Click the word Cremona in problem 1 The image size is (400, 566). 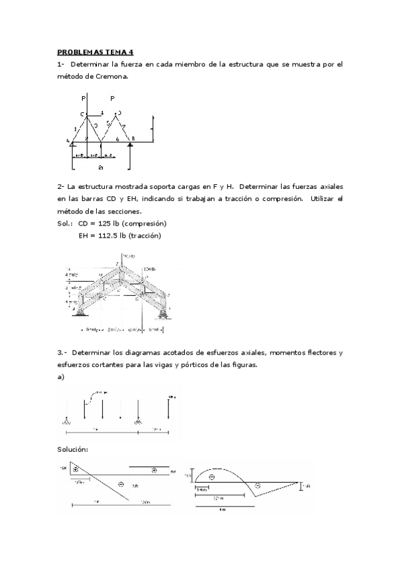coord(108,77)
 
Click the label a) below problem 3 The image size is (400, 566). coord(61,377)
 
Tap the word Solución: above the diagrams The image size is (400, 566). coord(75,449)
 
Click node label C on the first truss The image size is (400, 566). coord(83,115)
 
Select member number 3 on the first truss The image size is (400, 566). coord(96,125)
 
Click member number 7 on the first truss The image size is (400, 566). coord(124,126)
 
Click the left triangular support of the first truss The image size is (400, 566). coord(72,144)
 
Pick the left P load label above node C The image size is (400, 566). coord(83,98)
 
